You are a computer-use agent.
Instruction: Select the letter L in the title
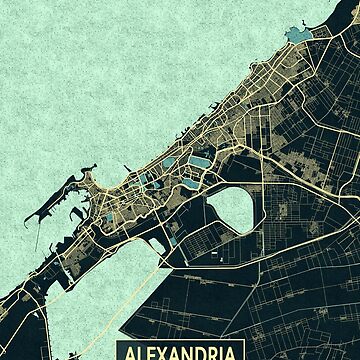(x=136, y=352)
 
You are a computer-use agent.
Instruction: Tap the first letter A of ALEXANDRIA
(x=126, y=352)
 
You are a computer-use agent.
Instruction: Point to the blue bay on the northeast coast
(x=297, y=36)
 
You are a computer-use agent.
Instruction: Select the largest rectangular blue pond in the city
(x=199, y=160)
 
